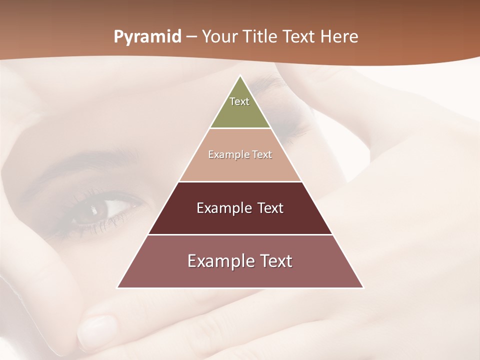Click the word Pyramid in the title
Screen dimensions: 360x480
147,37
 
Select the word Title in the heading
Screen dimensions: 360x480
261,37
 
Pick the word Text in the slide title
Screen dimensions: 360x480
300,37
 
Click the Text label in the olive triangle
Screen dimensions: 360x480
239,101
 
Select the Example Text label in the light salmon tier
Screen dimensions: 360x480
240,154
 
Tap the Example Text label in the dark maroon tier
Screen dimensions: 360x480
240,208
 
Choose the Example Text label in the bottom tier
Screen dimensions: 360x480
240,261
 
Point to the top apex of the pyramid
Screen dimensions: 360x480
240,76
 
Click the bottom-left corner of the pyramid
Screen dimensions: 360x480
118,287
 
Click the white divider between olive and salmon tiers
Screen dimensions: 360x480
240,128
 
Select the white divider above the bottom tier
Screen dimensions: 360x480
240,234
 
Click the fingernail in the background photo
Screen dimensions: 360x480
97,330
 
